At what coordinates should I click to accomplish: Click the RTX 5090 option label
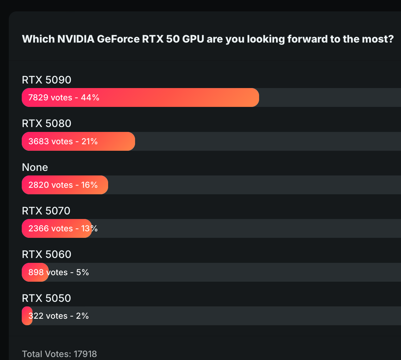pyautogui.click(x=46, y=80)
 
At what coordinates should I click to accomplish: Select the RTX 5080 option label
pyautogui.click(x=46, y=123)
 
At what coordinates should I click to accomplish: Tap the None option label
pyautogui.click(x=35, y=167)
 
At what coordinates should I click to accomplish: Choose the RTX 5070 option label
pyautogui.click(x=46, y=211)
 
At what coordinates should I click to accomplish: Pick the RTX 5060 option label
pyautogui.click(x=46, y=254)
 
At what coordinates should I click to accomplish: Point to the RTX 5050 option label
pyautogui.click(x=46, y=298)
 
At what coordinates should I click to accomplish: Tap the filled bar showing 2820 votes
pyautogui.click(x=65, y=185)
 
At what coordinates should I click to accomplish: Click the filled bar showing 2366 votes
pyautogui.click(x=57, y=228)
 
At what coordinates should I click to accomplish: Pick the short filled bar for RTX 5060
pyautogui.click(x=35, y=272)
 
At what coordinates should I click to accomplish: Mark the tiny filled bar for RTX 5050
pyautogui.click(x=27, y=316)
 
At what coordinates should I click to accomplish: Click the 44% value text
pyautogui.click(x=90, y=97)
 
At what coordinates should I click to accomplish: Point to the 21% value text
pyautogui.click(x=90, y=141)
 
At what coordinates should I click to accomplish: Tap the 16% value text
pyautogui.click(x=89, y=185)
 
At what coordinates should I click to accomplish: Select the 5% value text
pyautogui.click(x=82, y=272)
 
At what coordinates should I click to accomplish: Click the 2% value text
pyautogui.click(x=82, y=316)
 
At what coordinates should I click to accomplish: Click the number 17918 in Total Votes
pyautogui.click(x=85, y=354)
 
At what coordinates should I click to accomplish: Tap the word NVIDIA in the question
pyautogui.click(x=76, y=39)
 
